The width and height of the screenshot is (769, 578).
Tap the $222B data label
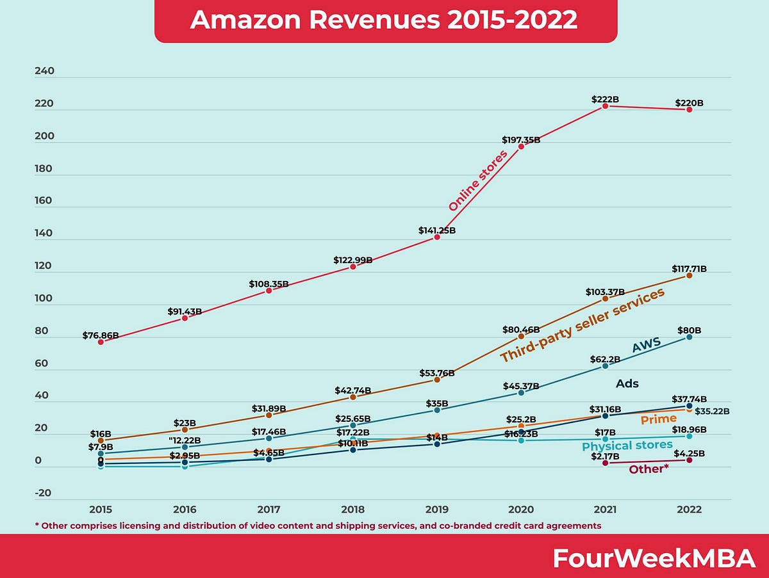click(x=605, y=99)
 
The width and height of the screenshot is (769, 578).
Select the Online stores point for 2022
click(x=690, y=109)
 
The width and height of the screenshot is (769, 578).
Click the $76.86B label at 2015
click(x=101, y=335)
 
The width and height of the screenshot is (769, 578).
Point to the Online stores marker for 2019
click(x=437, y=237)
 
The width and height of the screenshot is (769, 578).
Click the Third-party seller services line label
click(x=582, y=326)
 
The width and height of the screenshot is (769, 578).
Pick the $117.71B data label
click(x=690, y=269)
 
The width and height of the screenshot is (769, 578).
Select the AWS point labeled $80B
click(x=690, y=337)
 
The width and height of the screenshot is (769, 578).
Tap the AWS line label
click(x=647, y=346)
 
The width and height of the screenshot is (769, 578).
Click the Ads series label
click(x=627, y=384)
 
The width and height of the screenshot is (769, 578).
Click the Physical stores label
click(x=627, y=446)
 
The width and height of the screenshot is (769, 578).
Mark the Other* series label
click(x=649, y=469)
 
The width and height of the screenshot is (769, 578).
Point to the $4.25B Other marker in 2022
click(x=690, y=460)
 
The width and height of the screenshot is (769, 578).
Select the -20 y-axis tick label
click(x=44, y=494)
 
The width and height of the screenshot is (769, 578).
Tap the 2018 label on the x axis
click(x=352, y=510)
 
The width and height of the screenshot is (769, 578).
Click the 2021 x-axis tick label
click(x=605, y=510)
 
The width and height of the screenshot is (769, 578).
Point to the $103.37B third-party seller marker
click(x=605, y=298)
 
